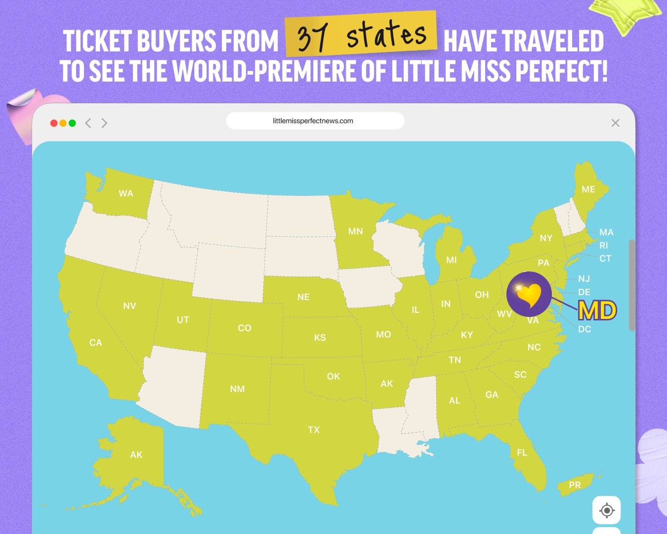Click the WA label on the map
[126, 194]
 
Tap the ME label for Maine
[588, 189]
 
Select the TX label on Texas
[314, 430]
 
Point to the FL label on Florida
[522, 452]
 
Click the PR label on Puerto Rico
[575, 485]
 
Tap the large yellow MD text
[597, 311]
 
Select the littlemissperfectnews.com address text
[313, 121]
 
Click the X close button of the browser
[615, 123]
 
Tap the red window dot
[54, 123]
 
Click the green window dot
[72, 123]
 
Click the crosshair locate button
[606, 510]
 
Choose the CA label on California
[95, 343]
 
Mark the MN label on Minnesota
[355, 231]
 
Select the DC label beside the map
[584, 329]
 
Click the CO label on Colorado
[245, 328]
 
